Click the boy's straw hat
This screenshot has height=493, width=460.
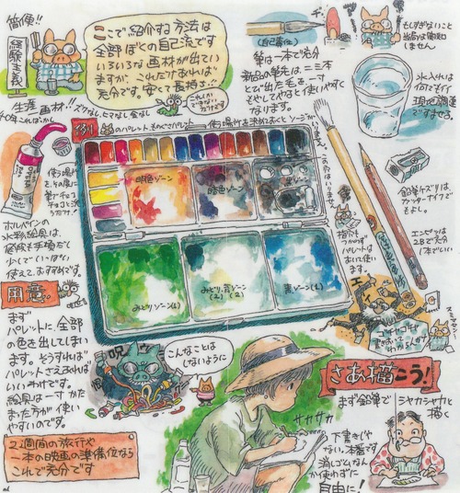pos(266,360)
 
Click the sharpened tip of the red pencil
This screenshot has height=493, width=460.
pos(364,151)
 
